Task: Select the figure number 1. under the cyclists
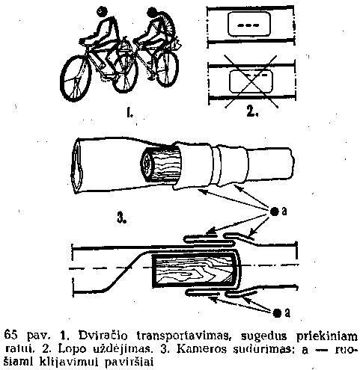coord(129,114)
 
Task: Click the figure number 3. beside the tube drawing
coord(121,218)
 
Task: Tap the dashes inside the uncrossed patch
coord(248,25)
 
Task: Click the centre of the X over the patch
coord(251,81)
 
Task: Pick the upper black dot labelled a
coord(275,212)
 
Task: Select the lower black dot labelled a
coord(277,313)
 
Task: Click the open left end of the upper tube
coord(78,165)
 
